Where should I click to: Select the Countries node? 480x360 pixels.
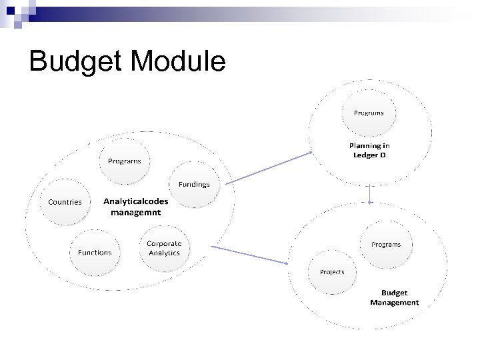tap(63, 201)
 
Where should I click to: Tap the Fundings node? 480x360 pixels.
tap(193, 184)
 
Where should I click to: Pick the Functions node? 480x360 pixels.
tap(95, 252)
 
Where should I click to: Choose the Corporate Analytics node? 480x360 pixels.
tap(163, 248)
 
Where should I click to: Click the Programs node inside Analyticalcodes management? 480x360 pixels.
tap(125, 161)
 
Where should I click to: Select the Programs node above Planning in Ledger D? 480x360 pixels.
tap(369, 113)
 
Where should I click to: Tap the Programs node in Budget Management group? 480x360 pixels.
tap(385, 244)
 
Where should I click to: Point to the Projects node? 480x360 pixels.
tap(332, 272)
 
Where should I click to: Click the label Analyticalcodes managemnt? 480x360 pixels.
tap(136, 206)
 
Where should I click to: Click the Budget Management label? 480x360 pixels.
tap(394, 297)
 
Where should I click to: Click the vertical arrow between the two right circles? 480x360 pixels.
tap(369, 194)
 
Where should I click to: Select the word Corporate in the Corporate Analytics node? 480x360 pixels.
tap(163, 243)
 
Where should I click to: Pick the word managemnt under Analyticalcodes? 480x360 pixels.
tap(136, 212)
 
